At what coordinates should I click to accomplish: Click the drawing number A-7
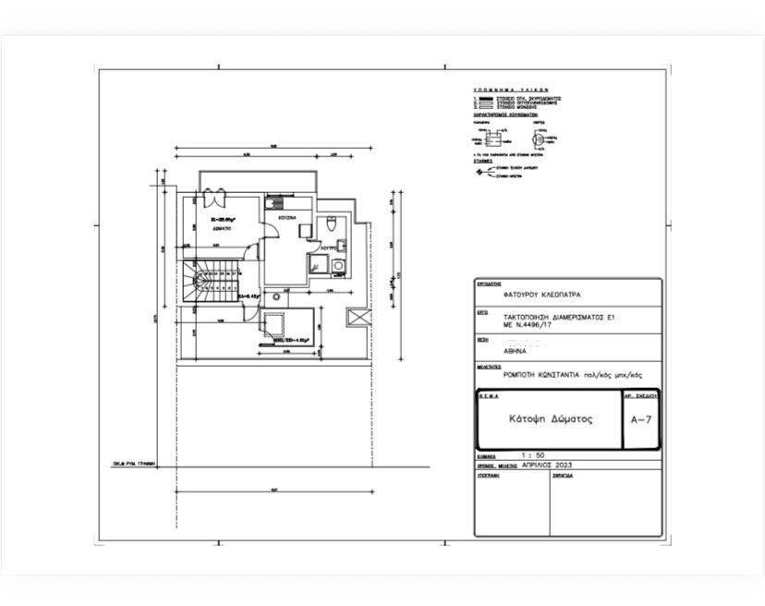pos(641,419)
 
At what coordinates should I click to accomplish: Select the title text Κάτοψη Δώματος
pos(552,418)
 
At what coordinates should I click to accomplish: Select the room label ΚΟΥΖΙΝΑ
pos(285,216)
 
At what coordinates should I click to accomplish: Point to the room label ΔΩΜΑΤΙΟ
pos(219,226)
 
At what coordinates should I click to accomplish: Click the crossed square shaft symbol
pos(357,316)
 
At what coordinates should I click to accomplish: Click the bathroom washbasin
pos(340,246)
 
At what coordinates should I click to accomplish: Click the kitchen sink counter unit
pos(275,204)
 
